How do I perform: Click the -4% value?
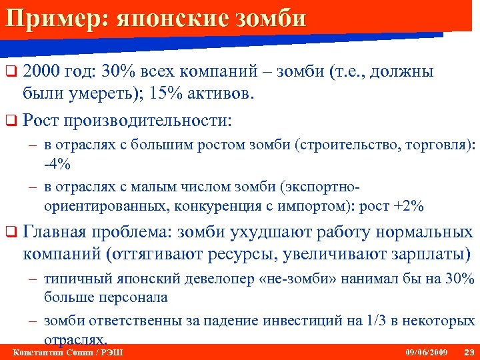click(57, 163)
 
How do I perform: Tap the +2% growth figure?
click(408, 206)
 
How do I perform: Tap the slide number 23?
click(467, 351)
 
